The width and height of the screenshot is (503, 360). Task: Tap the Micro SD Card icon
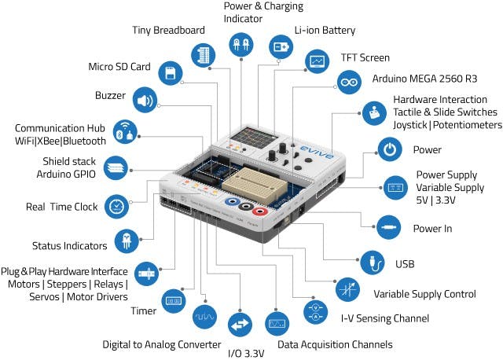pyautogui.click(x=168, y=74)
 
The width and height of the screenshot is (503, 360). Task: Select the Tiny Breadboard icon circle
pyautogui.click(x=204, y=55)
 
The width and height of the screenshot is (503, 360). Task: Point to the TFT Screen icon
pyautogui.click(x=317, y=61)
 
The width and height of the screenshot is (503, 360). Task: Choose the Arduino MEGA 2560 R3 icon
pyautogui.click(x=348, y=81)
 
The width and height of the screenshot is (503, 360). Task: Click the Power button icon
pyautogui.click(x=389, y=149)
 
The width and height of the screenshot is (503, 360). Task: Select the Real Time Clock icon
pyautogui.click(x=116, y=207)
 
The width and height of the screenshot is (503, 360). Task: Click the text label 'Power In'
pyautogui.click(x=432, y=230)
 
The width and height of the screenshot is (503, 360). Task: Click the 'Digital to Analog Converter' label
pyautogui.click(x=161, y=344)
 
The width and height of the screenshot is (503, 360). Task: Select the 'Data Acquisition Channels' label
pyautogui.click(x=335, y=344)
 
